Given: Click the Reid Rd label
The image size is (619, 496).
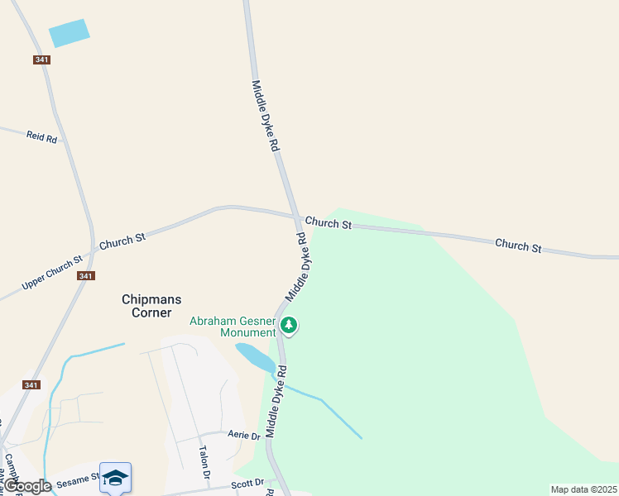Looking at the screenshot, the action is (41, 136).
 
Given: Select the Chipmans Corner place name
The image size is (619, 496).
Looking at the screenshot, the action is (151, 306).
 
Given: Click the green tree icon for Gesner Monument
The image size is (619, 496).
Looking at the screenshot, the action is (289, 325).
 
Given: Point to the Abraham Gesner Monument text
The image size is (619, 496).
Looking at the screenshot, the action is (233, 327).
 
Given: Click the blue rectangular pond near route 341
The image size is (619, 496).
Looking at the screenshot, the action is (69, 33).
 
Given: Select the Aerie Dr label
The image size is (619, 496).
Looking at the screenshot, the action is (244, 436).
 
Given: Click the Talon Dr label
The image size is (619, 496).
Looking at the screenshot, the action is (204, 463).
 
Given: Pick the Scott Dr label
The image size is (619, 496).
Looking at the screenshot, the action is (247, 483).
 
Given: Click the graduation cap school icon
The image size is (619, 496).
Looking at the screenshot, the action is (116, 477).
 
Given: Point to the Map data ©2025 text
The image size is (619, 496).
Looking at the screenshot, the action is (583, 489).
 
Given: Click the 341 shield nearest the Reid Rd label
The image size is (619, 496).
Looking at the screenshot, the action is (42, 60).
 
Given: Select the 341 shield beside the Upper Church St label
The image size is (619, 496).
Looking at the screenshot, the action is (85, 275).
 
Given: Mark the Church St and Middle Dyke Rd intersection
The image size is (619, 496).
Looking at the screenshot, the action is (295, 217).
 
